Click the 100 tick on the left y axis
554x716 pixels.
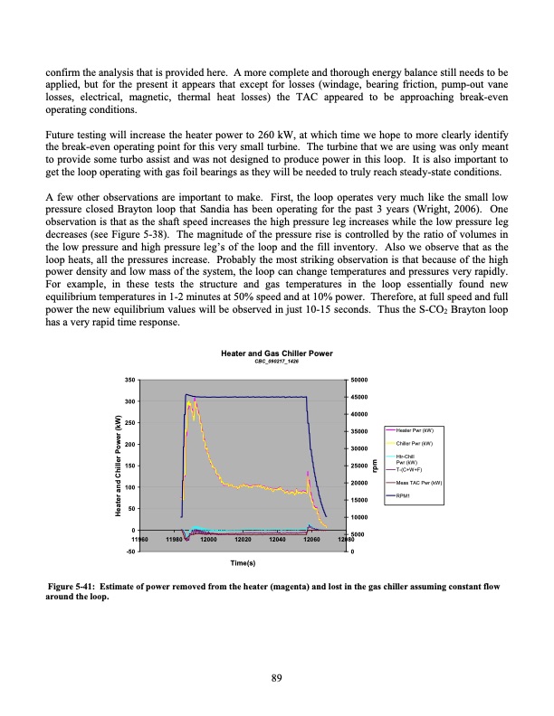point(130,487)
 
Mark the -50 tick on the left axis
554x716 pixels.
point(131,551)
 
